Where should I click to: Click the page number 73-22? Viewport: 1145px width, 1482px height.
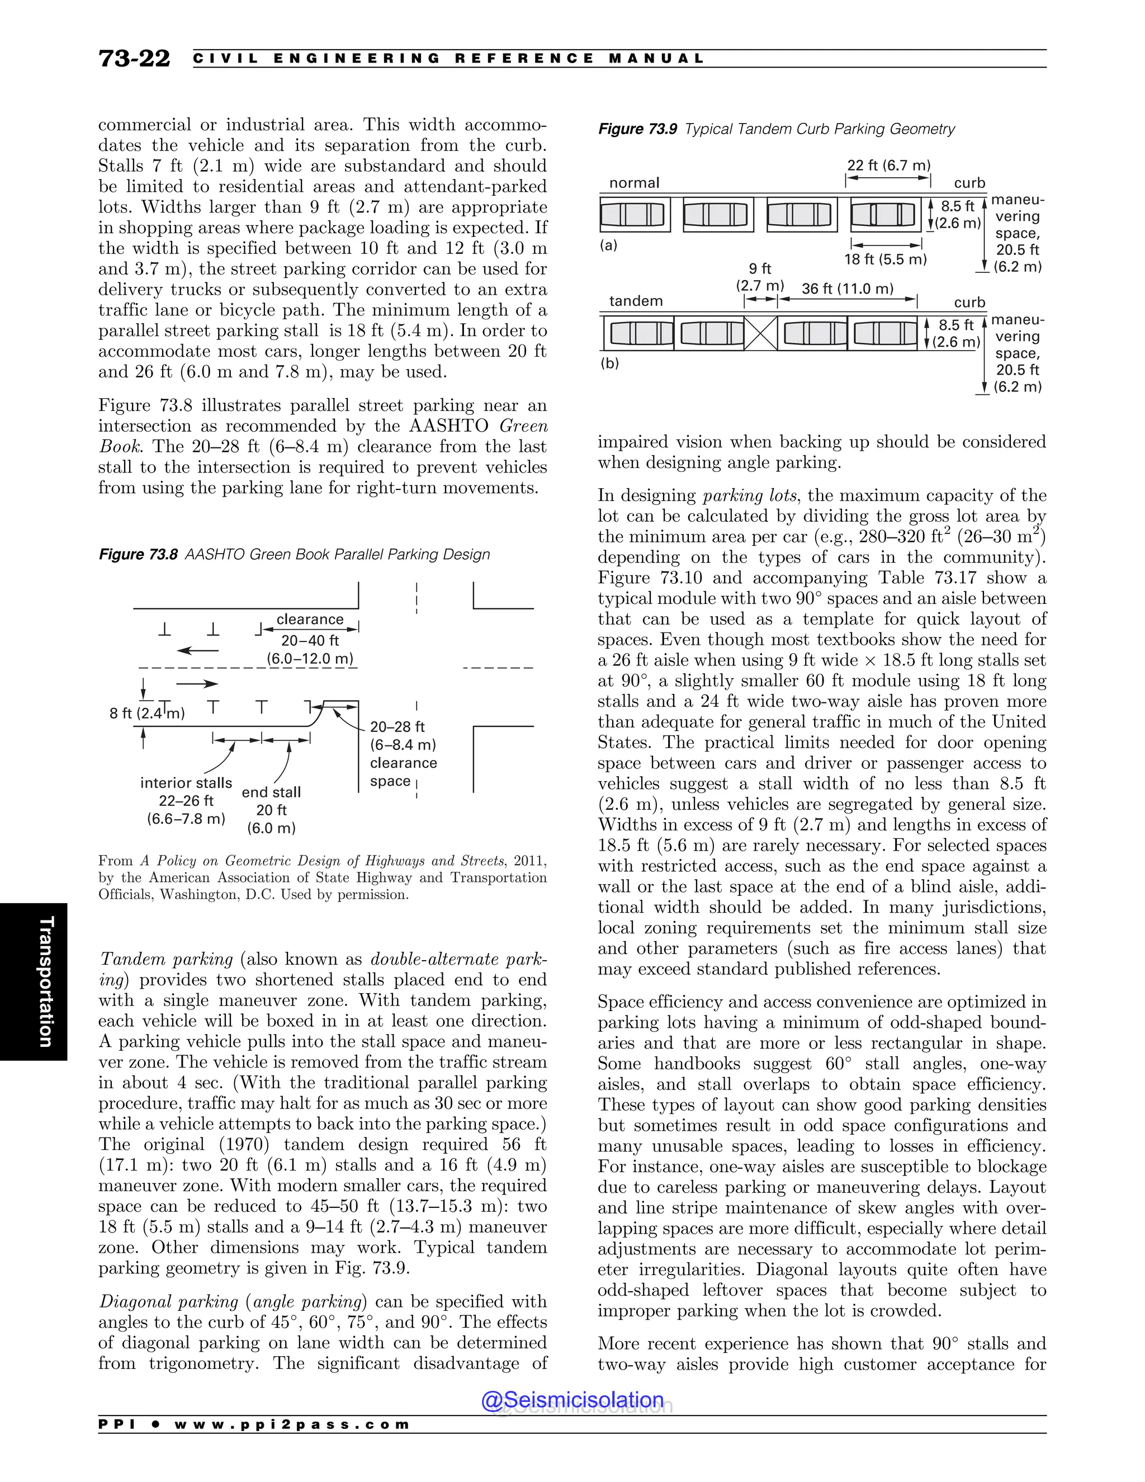pyautogui.click(x=134, y=58)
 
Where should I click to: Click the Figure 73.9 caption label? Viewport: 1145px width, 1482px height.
pyautogui.click(x=637, y=129)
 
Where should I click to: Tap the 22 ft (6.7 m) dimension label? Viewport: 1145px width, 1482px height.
pyautogui.click(x=888, y=166)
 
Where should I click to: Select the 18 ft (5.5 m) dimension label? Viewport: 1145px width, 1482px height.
pyautogui.click(x=885, y=259)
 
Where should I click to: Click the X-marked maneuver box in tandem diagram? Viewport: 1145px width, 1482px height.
pyautogui.click(x=760, y=333)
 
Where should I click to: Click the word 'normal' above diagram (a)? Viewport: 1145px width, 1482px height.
pyautogui.click(x=634, y=182)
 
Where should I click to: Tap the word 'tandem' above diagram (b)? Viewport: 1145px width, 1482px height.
pyautogui.click(x=636, y=301)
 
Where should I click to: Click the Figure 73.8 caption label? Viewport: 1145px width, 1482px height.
pyautogui.click(x=139, y=554)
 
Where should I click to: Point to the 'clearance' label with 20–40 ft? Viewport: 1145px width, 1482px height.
pyautogui.click(x=310, y=620)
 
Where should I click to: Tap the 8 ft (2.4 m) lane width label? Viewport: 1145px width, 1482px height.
pyautogui.click(x=147, y=713)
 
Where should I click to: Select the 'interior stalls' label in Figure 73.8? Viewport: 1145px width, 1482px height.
pyautogui.click(x=186, y=782)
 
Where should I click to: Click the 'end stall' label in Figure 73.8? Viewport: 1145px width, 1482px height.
pyautogui.click(x=271, y=792)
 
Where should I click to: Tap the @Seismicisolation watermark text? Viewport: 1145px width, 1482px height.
pyautogui.click(x=572, y=1400)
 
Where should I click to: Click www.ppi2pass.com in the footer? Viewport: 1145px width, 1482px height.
pyautogui.click(x=292, y=1424)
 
